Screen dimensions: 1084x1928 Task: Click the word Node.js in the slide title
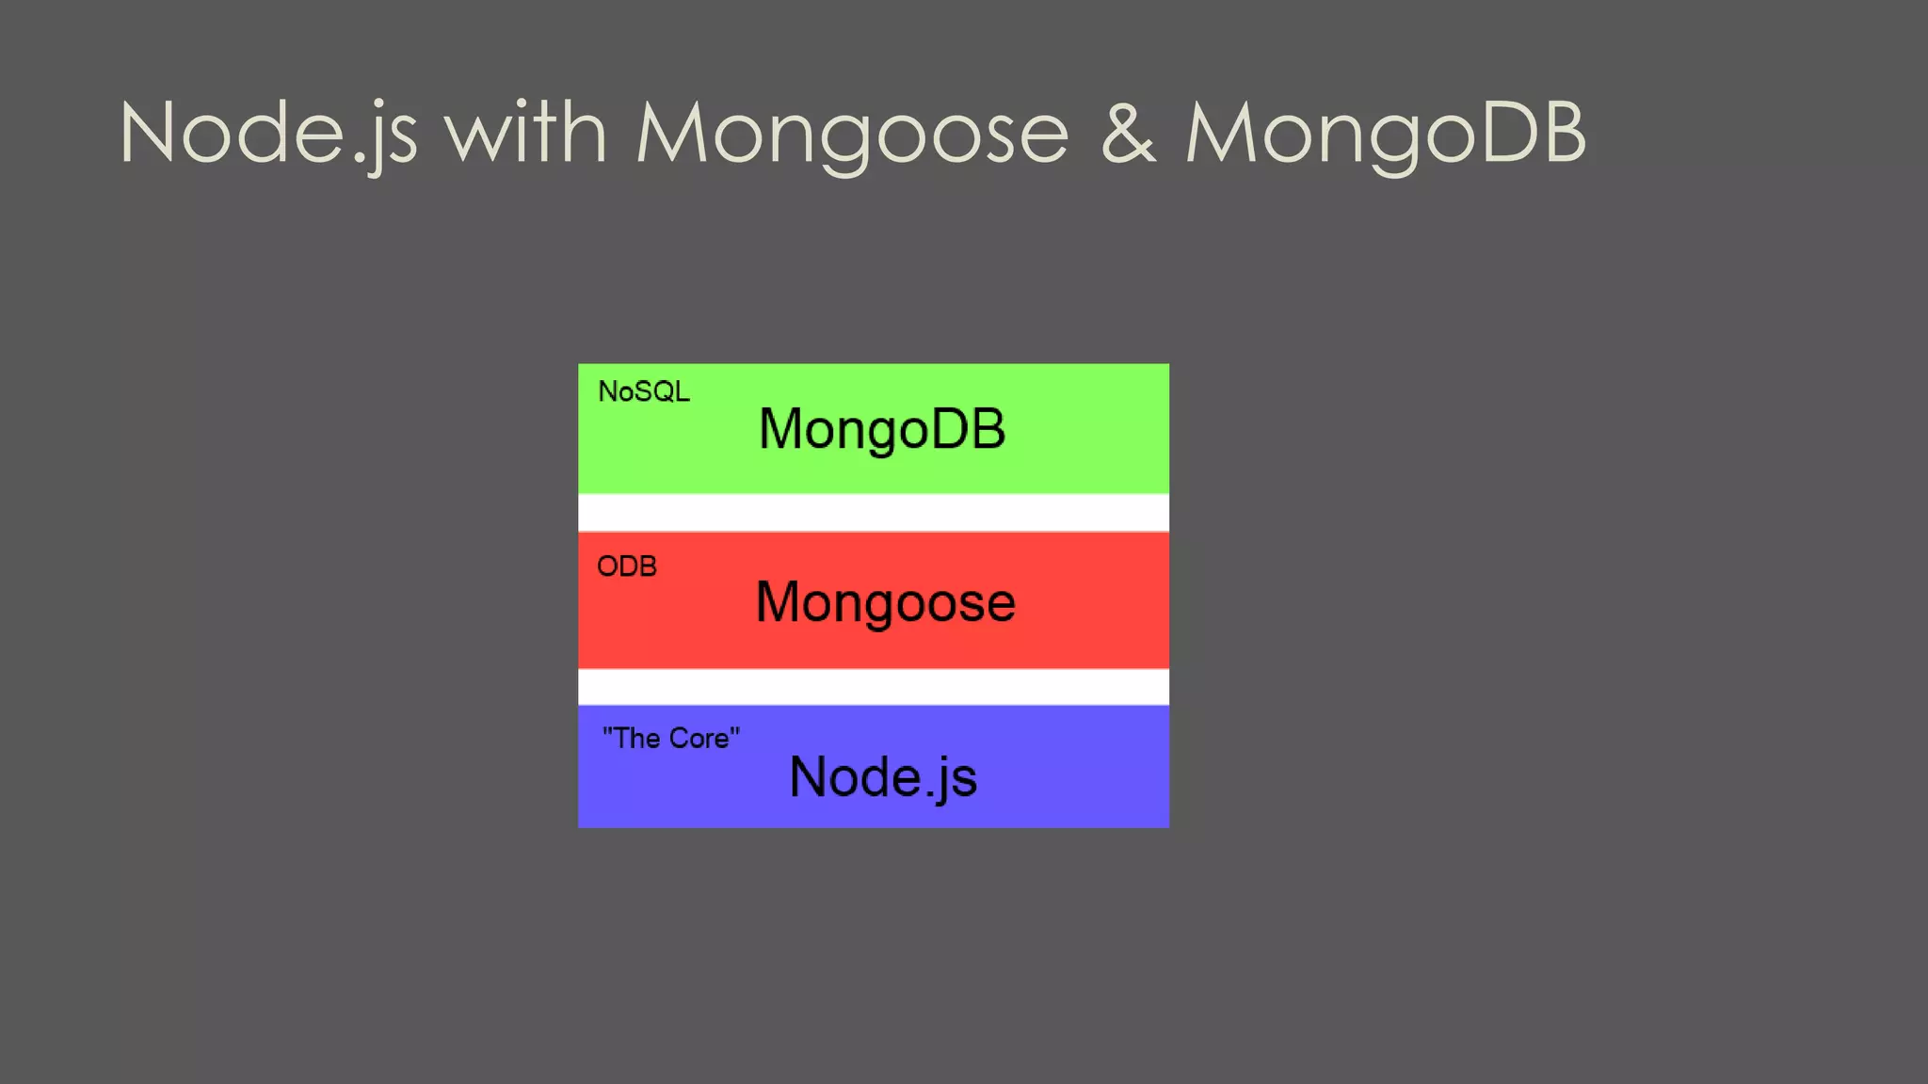(268, 134)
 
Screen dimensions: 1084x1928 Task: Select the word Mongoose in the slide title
(852, 134)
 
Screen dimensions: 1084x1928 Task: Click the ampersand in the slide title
(1127, 134)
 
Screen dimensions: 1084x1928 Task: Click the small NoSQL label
(644, 391)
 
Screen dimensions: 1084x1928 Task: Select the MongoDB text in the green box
(882, 429)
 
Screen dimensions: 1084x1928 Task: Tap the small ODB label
(627, 566)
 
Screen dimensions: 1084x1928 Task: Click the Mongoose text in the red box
(885, 602)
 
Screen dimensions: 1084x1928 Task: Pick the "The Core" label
(671, 738)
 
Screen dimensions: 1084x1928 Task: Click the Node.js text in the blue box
(883, 777)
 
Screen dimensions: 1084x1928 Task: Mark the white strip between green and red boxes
(874, 513)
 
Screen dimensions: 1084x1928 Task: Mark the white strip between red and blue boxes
(874, 687)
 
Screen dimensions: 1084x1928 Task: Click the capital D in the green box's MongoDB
(949, 429)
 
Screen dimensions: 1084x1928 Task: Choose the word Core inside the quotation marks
(699, 739)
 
